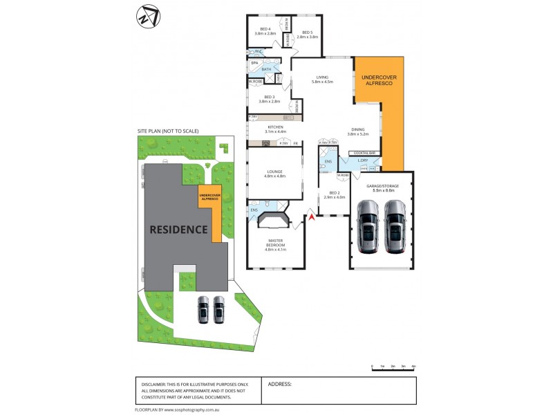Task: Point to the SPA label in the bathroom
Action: [254, 63]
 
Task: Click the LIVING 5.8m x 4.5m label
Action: [322, 79]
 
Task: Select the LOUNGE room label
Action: [274, 174]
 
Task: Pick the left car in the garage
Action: [368, 227]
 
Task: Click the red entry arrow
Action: [311, 218]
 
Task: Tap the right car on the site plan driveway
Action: [219, 309]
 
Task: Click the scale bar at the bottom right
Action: [393, 367]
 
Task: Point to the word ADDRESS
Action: [279, 384]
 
